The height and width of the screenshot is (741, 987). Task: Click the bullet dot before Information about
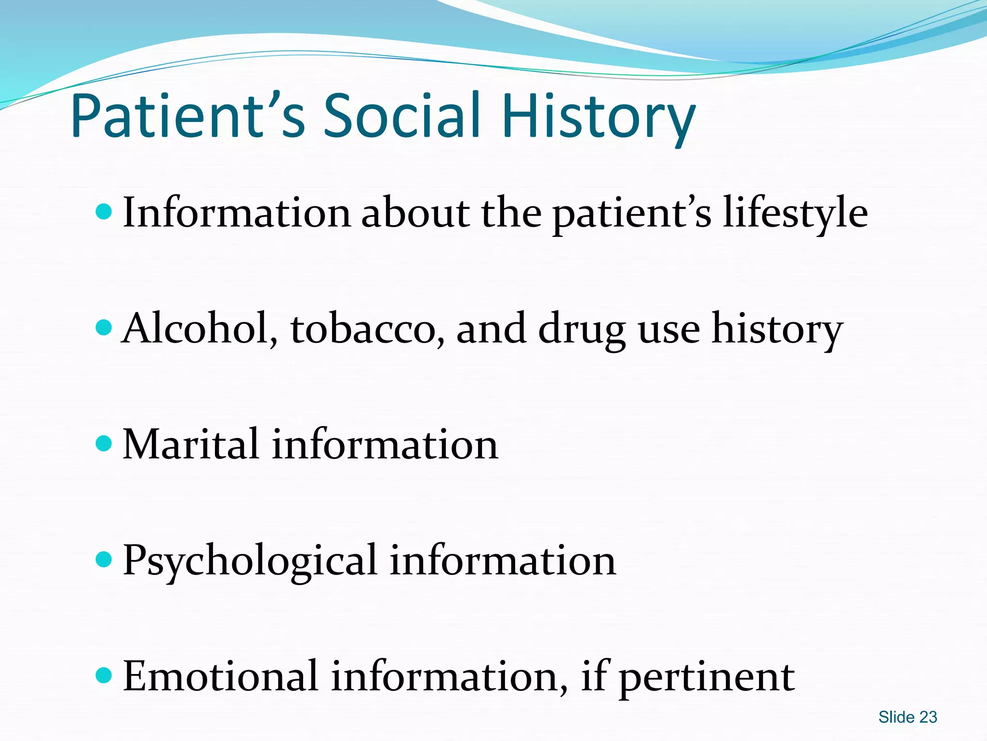[x=104, y=211]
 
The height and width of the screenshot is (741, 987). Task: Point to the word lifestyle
[x=795, y=213]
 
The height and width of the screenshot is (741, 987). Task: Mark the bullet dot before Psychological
[x=104, y=560]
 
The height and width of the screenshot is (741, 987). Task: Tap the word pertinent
[x=707, y=678]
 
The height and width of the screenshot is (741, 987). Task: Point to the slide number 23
[x=928, y=717]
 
